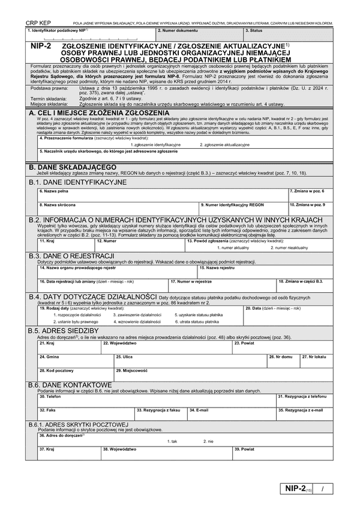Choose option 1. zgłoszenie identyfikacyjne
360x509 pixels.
[151, 145]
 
